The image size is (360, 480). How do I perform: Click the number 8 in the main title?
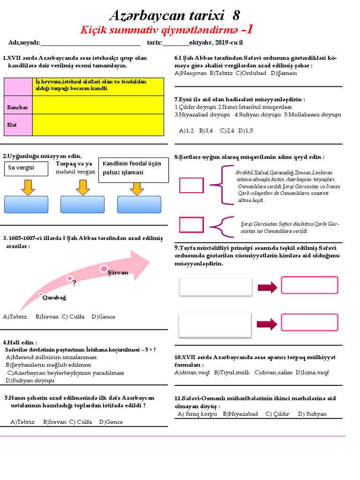click(236, 16)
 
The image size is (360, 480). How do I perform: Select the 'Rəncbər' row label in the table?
click(18, 107)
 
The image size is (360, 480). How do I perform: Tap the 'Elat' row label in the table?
click(13, 125)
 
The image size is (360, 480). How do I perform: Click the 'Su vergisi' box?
click(27, 168)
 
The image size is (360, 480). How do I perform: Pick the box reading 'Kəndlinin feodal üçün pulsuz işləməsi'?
click(134, 168)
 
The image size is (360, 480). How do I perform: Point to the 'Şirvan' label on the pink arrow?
click(118, 272)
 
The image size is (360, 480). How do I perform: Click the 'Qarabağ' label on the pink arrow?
click(54, 298)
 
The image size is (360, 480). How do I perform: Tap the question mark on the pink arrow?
click(74, 283)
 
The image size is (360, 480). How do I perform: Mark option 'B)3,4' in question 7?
click(206, 131)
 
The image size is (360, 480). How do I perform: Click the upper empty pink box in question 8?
click(191, 185)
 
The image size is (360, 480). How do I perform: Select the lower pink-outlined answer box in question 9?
click(309, 322)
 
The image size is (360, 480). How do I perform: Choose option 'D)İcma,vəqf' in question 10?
click(312, 372)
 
